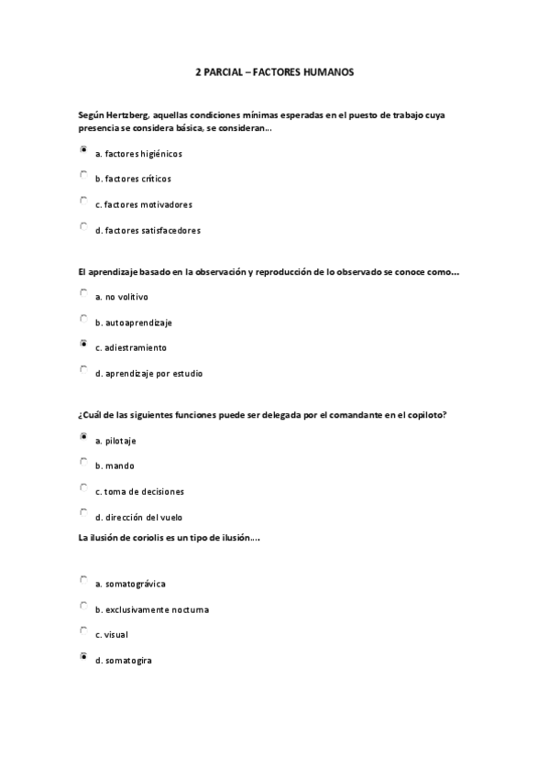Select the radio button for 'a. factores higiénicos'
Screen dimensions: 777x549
[83, 148]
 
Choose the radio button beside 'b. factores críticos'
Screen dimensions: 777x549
[83, 174]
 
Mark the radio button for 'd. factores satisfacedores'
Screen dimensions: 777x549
[83, 225]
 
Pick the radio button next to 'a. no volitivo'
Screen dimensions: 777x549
[83, 293]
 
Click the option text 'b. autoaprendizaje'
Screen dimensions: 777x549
[133, 323]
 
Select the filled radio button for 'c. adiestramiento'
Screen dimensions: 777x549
[83, 345]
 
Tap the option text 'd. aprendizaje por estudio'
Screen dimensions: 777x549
[148, 373]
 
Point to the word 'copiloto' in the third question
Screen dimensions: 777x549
[427, 414]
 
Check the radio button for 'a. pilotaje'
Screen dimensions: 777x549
[83, 437]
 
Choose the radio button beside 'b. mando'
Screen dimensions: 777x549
[83, 462]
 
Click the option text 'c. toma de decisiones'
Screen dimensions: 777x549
[139, 491]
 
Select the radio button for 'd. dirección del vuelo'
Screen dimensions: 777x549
[83, 513]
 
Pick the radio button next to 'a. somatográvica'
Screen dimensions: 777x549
[83, 580]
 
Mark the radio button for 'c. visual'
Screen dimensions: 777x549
[83, 631]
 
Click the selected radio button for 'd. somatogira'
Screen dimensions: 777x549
[83, 656]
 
